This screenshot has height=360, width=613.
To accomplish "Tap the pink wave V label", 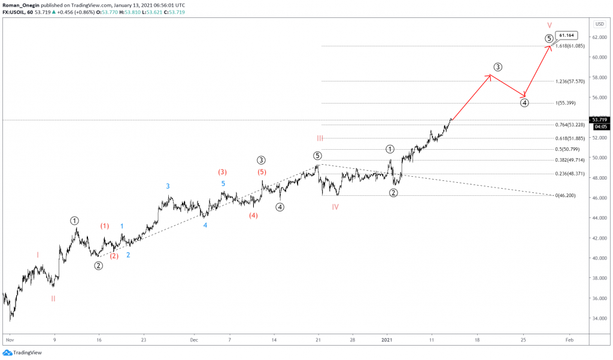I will click(550, 25).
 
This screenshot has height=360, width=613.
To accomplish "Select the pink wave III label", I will click(321, 138).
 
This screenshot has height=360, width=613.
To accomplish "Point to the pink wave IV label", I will click(336, 207).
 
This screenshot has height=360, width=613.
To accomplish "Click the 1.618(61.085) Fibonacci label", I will click(569, 46).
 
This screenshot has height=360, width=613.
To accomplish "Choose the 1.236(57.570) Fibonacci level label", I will click(569, 81).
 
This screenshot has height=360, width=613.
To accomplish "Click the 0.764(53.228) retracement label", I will click(569, 125).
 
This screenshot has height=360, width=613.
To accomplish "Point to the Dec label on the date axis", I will click(194, 340).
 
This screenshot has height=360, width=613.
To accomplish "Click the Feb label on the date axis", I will click(569, 340).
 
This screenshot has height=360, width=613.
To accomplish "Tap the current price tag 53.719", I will click(600, 120).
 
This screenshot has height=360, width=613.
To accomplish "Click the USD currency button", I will click(599, 24).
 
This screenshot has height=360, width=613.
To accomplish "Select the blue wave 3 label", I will click(168, 186).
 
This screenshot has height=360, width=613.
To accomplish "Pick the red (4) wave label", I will click(253, 216).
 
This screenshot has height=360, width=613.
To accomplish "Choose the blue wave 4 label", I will click(205, 225).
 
